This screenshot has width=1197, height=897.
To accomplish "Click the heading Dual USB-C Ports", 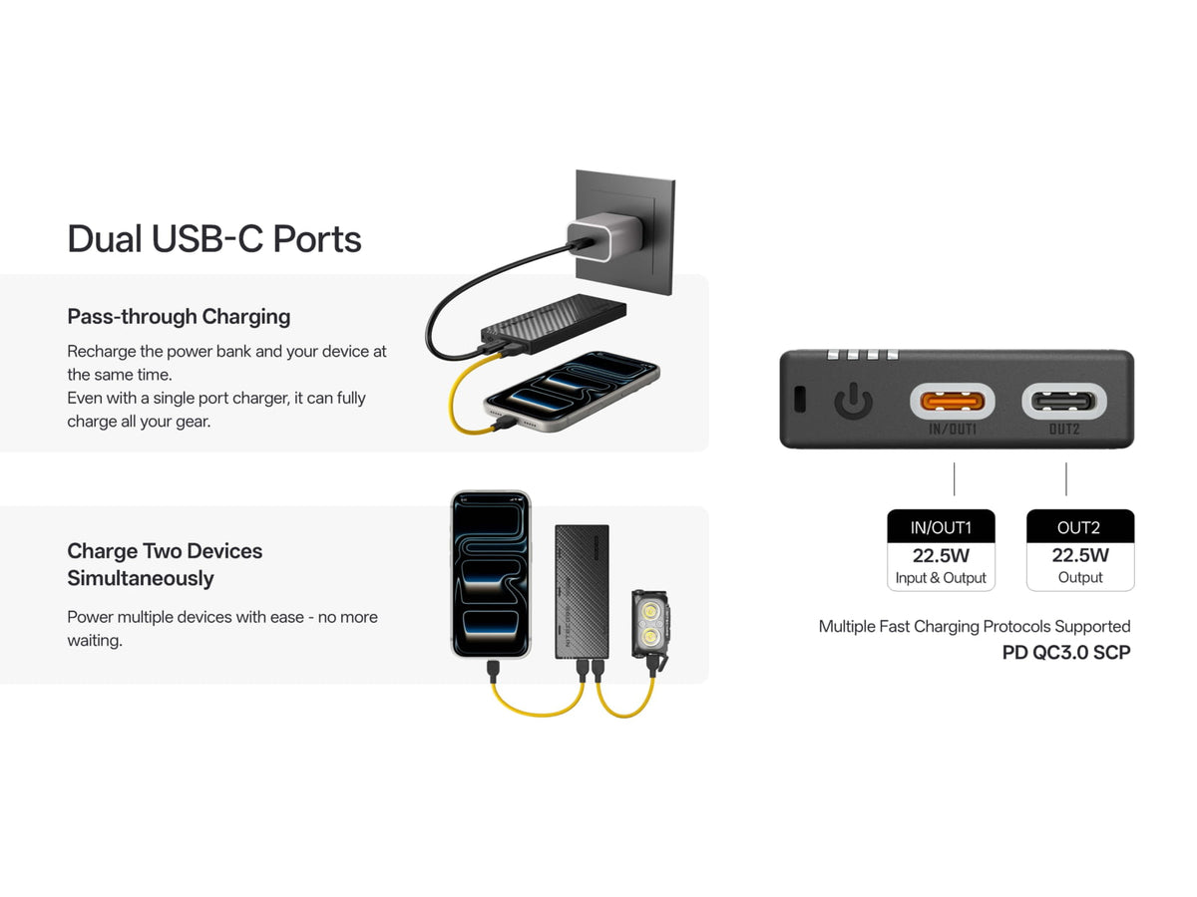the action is click(213, 239).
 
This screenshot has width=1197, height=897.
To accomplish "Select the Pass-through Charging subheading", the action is click(179, 316).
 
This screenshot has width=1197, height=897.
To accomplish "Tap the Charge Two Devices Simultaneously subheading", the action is click(165, 564).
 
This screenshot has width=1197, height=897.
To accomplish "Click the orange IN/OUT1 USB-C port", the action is click(952, 402).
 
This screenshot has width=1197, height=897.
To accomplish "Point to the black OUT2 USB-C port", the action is click(1063, 402).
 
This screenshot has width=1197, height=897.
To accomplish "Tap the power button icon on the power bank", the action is click(853, 401).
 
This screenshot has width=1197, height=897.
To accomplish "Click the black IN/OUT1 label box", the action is click(941, 526).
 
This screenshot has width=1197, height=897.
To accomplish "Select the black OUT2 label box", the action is click(1079, 526).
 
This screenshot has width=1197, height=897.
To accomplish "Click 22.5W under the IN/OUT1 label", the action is click(941, 555).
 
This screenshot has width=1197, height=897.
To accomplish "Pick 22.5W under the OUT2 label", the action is click(1079, 555).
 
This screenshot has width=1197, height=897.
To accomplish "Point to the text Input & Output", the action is click(941, 578).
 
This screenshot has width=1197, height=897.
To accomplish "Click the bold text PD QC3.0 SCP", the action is click(1066, 652).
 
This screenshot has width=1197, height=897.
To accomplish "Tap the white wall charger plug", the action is click(604, 237).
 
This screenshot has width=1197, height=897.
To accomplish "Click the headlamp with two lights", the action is click(650, 625).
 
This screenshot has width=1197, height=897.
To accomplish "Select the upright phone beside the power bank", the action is click(491, 575).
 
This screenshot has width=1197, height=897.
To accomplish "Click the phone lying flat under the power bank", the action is click(572, 391).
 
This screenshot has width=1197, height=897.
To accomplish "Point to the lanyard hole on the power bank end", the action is click(799, 398).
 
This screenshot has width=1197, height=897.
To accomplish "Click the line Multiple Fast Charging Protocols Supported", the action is click(974, 626).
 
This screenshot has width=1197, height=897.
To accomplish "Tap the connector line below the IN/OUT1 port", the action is click(954, 478).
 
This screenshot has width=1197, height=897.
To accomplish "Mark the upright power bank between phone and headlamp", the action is click(582, 592).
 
